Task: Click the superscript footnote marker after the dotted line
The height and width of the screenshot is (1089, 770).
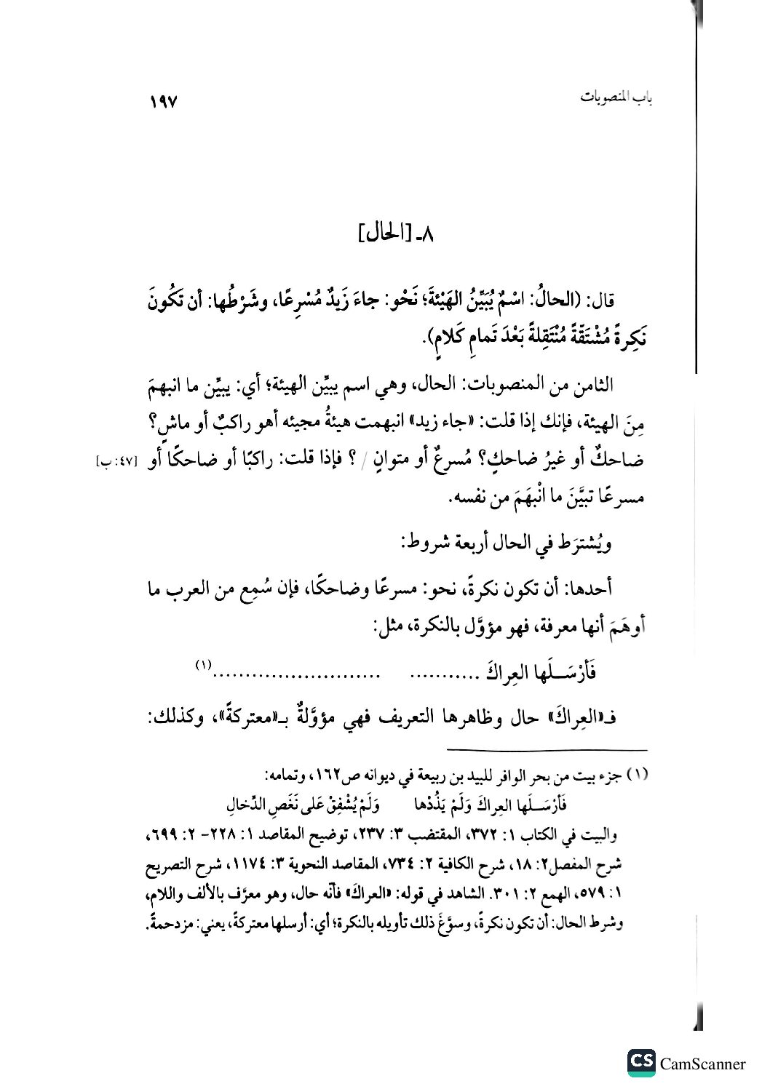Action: pyautogui.click(x=202, y=664)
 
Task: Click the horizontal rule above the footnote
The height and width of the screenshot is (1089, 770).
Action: pyautogui.click(x=546, y=750)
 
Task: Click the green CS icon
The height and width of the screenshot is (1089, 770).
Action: pyautogui.click(x=640, y=1063)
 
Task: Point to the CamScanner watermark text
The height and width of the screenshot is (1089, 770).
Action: pyautogui.click(x=703, y=1064)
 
